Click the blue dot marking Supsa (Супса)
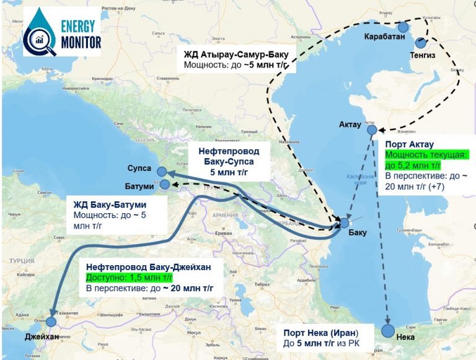[162, 172]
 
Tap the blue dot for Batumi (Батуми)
[165, 184]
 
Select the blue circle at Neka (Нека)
[389, 330]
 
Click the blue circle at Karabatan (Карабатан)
[403, 27]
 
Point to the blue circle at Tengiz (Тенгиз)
[421, 43]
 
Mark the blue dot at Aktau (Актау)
[372, 130]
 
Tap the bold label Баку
[358, 233]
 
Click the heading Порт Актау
[409, 143]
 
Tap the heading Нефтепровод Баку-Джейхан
[149, 267]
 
